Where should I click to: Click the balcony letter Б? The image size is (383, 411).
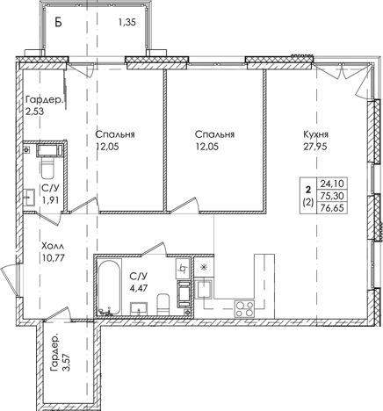pyautogui.click(x=59, y=22)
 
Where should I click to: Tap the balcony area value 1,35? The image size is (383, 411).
pyautogui.click(x=127, y=22)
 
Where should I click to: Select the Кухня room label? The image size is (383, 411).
pyautogui.click(x=315, y=134)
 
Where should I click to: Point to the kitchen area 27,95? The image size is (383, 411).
pyautogui.click(x=315, y=146)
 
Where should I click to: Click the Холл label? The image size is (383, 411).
pyautogui.click(x=53, y=245)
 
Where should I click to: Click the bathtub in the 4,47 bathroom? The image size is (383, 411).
pyautogui.click(x=109, y=287)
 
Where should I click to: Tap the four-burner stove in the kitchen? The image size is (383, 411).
pyautogui.click(x=244, y=309)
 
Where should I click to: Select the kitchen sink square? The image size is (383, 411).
pyautogui.click(x=204, y=289)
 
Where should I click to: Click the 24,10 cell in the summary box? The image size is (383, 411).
pyautogui.click(x=332, y=184)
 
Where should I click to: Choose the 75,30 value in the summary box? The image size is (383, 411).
pyautogui.click(x=332, y=195)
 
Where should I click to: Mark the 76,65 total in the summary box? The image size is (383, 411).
pyautogui.click(x=332, y=207)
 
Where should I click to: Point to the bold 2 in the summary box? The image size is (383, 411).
pyautogui.click(x=307, y=191)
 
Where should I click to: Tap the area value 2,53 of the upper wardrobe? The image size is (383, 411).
pyautogui.click(x=35, y=112)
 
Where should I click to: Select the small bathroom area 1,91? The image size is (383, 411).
pyautogui.click(x=51, y=200)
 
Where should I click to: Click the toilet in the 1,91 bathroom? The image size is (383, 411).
pyautogui.click(x=47, y=168)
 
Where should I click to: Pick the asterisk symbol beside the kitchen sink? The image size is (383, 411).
pyautogui.click(x=203, y=267)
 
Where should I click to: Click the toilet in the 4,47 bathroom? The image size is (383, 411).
pyautogui.click(x=163, y=305)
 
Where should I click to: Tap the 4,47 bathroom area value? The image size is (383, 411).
pyautogui.click(x=138, y=288)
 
